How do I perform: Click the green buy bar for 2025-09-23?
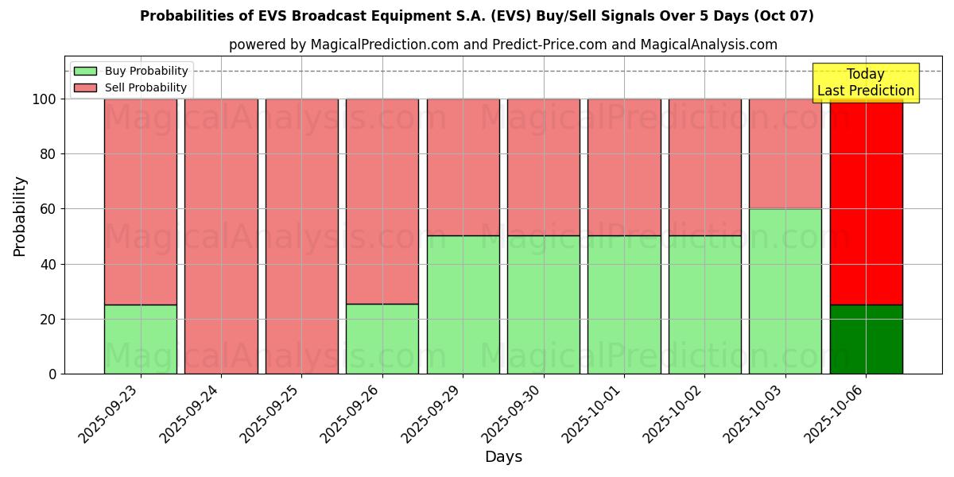(141, 339)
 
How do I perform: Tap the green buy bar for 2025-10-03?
(785, 291)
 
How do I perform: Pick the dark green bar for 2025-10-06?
(866, 339)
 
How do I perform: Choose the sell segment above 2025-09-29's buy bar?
(463, 167)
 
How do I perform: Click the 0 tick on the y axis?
(53, 374)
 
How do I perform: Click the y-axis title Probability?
(20, 216)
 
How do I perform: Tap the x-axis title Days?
(503, 457)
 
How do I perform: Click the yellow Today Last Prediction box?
(866, 83)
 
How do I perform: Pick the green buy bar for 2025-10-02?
(704, 304)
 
